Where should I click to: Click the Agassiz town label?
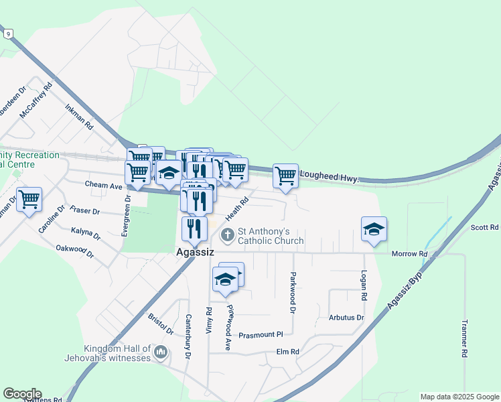(x=194, y=254)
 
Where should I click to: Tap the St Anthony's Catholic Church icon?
(x=228, y=235)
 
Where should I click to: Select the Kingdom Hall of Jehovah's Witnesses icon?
(x=161, y=352)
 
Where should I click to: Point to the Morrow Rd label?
(x=410, y=254)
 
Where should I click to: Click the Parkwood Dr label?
(x=293, y=292)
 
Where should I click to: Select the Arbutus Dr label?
(x=346, y=317)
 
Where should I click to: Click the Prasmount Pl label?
(x=261, y=334)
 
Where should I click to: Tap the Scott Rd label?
(x=485, y=228)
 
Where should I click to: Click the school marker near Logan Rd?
(x=374, y=229)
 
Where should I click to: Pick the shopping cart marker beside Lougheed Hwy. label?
(x=285, y=176)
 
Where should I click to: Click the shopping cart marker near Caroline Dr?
(x=29, y=200)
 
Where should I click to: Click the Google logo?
(x=22, y=394)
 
